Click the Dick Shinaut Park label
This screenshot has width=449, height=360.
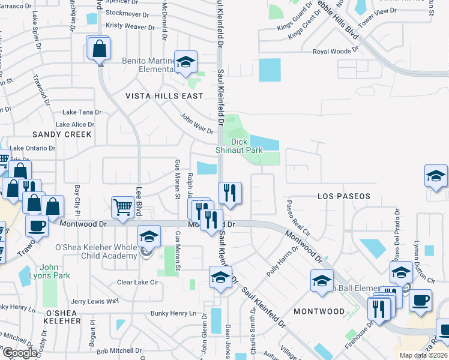tap(240, 146)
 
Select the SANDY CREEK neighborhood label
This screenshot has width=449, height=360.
tap(62, 134)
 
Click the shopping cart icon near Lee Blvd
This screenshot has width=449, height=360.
tap(123, 207)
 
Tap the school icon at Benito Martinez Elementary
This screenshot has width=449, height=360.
tap(186, 61)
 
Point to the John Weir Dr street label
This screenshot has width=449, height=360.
tap(197, 124)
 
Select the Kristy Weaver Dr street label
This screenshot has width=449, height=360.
tap(130, 26)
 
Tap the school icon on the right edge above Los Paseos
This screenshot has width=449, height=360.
tap(436, 177)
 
